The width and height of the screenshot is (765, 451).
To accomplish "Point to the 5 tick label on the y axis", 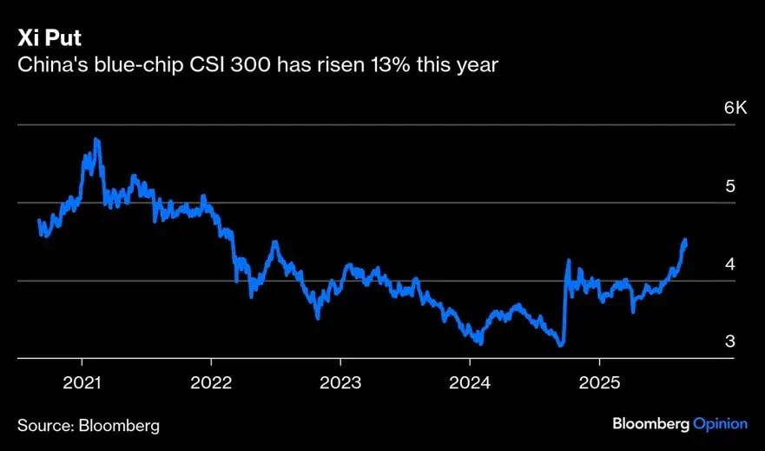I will pos(730,186).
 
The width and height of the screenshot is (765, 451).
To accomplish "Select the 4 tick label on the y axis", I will pos(730,263).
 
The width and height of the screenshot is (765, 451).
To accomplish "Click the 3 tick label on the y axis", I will pos(730,341).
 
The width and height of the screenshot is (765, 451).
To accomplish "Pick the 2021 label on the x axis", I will pos(82,382).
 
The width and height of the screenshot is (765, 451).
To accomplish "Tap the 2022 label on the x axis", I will pos(211,382).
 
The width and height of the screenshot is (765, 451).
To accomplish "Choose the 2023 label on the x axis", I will pos(340,382).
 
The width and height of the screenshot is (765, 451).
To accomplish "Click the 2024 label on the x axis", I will pos(470,382).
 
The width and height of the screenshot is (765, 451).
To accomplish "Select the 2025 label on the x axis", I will pos(599,382).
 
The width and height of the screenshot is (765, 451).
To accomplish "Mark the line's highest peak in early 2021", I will pos(96,139).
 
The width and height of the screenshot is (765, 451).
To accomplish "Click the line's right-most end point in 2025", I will pos(686,241).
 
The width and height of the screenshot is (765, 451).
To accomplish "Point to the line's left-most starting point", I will pos(39,221).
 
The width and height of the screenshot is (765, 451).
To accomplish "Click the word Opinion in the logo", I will pos(720,424).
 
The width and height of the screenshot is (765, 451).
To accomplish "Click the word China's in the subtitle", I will pos(49,65).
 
